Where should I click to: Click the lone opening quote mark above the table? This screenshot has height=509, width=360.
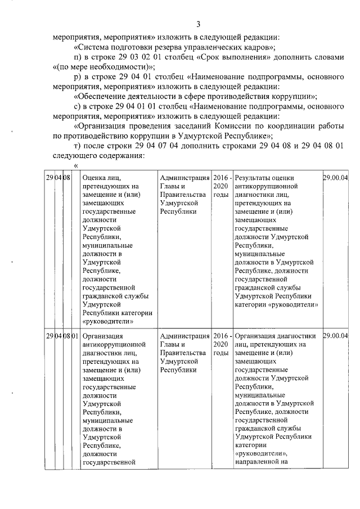76,165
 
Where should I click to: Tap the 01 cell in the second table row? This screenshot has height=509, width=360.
75,336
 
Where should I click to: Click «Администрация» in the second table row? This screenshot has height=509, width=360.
184,336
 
